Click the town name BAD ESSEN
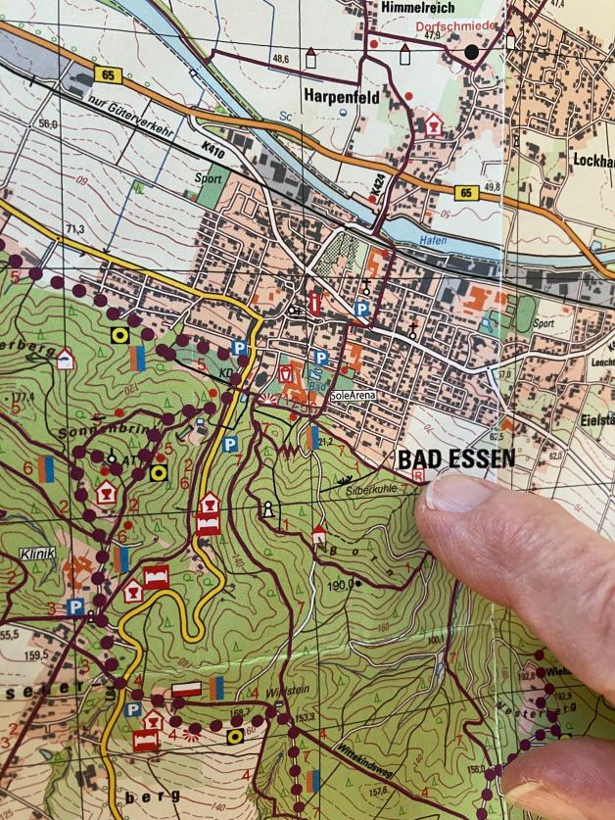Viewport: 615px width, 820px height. tap(455, 459)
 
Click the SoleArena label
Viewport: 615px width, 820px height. tap(353, 395)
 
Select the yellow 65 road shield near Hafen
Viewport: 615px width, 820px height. tap(467, 194)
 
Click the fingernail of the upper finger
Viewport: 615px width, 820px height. tap(456, 494)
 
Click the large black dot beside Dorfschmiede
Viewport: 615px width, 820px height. tap(472, 51)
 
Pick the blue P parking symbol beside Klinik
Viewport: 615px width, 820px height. tap(74, 607)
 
